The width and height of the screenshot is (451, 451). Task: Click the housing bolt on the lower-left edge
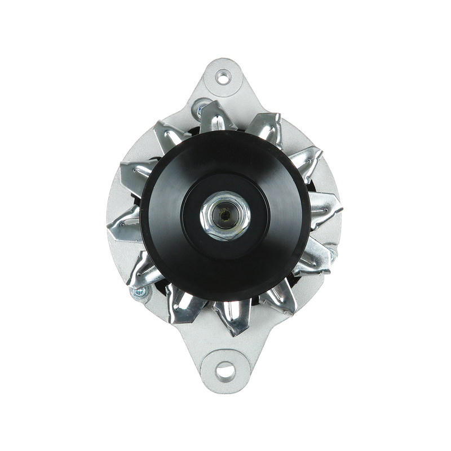pyautogui.click(x=137, y=293)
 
